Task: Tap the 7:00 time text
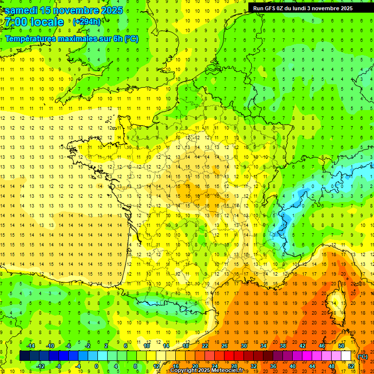tap(15, 22)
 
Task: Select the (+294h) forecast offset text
tap(87, 22)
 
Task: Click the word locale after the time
tap(47, 22)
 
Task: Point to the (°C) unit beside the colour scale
tap(363, 356)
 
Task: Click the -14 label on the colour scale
tap(31, 346)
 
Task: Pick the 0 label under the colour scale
tap(96, 366)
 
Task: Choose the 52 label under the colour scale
tap(351, 366)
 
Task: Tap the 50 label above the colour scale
tap(341, 346)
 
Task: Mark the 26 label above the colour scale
tap(224, 346)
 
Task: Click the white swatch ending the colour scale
tap(346, 356)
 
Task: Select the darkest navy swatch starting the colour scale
tap(24, 356)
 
